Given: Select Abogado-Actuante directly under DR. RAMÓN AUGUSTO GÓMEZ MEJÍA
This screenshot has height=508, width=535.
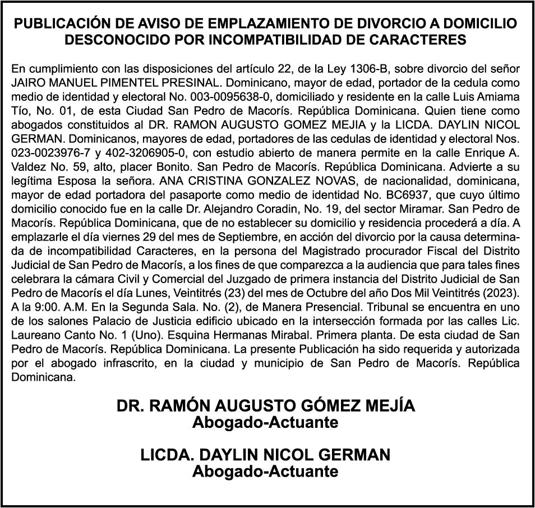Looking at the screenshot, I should [265, 422].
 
